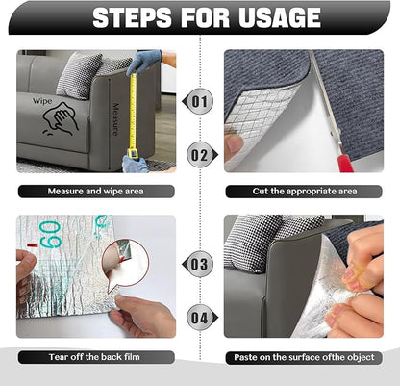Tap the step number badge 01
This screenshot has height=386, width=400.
(x=199, y=100)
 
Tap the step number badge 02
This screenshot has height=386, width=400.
(x=199, y=151)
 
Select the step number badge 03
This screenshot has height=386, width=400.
(x=199, y=263)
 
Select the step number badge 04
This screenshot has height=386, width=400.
(x=199, y=315)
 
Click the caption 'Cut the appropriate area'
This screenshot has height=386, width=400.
(x=304, y=192)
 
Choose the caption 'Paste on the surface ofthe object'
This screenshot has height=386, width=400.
(x=304, y=357)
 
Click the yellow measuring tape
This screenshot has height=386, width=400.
(x=135, y=111)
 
